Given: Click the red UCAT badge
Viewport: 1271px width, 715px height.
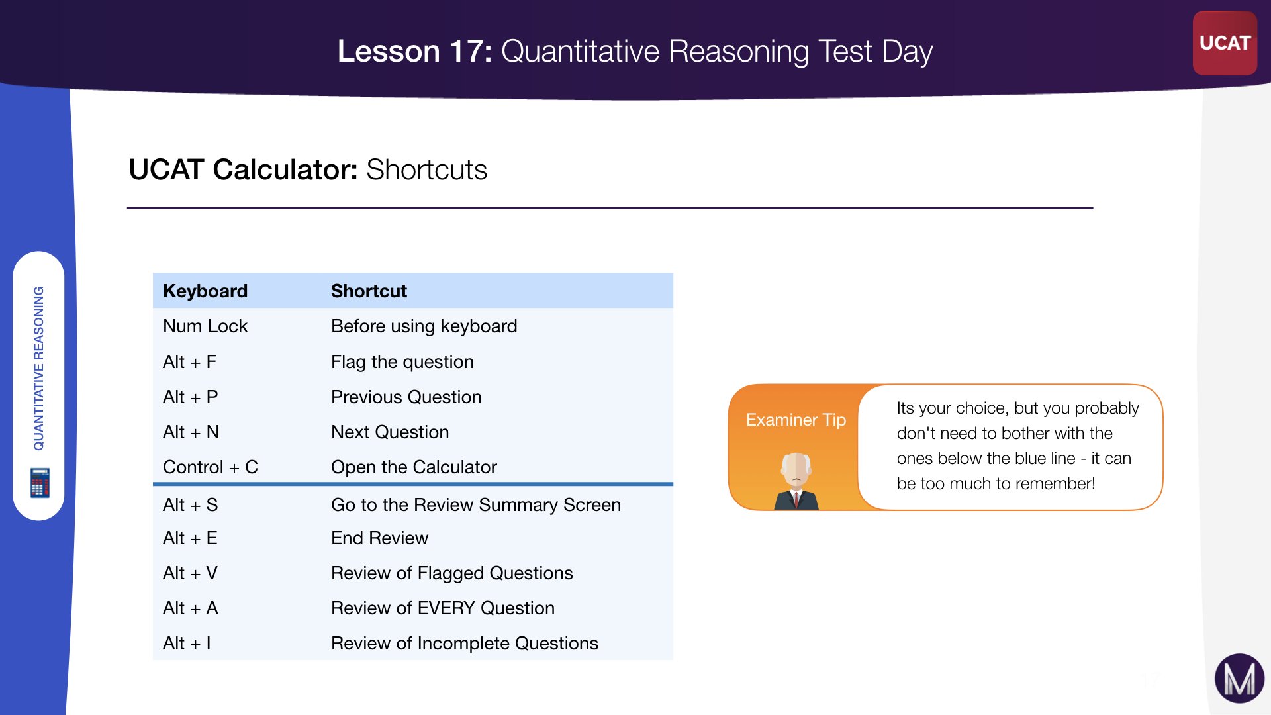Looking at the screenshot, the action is click(1225, 43).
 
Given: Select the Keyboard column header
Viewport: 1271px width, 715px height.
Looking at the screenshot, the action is click(205, 291).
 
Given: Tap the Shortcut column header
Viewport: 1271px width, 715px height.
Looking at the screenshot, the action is click(369, 291).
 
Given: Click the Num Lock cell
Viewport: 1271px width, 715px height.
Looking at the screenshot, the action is click(205, 326).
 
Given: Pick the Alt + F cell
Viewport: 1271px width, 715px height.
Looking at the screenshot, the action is click(190, 361).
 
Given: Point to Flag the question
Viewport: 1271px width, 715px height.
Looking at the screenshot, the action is click(402, 361).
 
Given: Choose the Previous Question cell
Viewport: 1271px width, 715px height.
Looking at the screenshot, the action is click(406, 397).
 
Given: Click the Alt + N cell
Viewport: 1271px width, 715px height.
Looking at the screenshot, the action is click(191, 432).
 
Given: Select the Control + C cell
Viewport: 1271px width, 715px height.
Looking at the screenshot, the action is click(211, 467).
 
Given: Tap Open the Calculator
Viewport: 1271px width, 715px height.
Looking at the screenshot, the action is click(414, 467).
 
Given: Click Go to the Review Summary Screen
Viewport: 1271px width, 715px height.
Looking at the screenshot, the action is click(476, 504).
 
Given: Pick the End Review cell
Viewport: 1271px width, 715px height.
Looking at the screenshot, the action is click(379, 538).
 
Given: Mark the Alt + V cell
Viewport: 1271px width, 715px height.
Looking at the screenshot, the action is click(191, 573).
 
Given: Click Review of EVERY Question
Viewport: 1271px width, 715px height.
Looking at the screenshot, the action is click(443, 608).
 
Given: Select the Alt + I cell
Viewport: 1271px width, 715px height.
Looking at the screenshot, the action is click(187, 643).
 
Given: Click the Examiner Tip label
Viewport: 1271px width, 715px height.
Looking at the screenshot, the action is click(796, 420).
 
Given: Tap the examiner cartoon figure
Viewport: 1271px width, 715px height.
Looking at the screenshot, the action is click(796, 481).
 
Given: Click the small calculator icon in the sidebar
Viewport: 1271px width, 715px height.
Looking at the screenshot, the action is click(40, 483).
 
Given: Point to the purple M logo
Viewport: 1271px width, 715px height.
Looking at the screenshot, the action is click(1239, 679).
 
